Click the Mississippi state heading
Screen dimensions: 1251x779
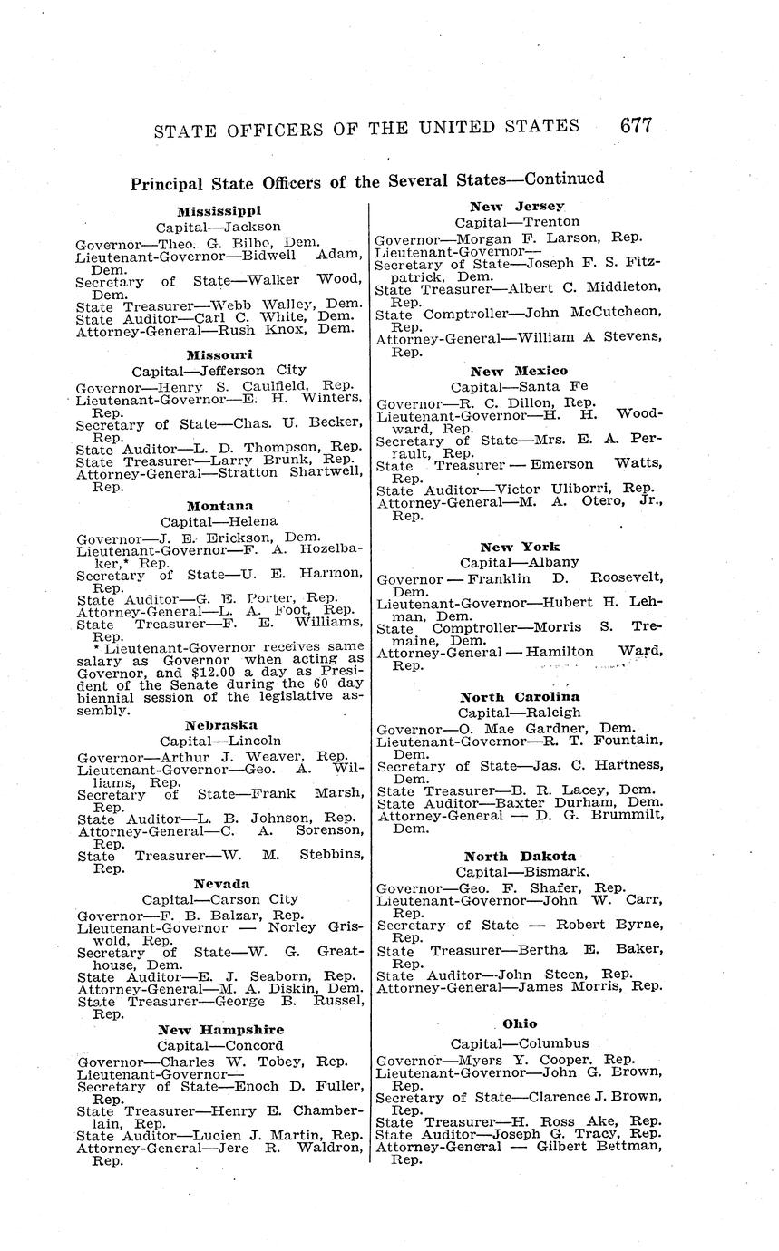tap(219, 210)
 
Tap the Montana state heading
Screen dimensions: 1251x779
tap(219, 505)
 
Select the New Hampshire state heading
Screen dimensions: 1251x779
tap(220, 1029)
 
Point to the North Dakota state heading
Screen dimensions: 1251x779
tap(520, 856)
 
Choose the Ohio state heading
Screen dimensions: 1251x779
tap(520, 1023)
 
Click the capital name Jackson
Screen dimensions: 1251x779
tap(253, 227)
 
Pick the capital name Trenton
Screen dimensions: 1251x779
tap(549, 221)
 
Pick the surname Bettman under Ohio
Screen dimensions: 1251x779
tap(627, 1146)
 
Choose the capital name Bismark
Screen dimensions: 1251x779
tap(549, 872)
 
